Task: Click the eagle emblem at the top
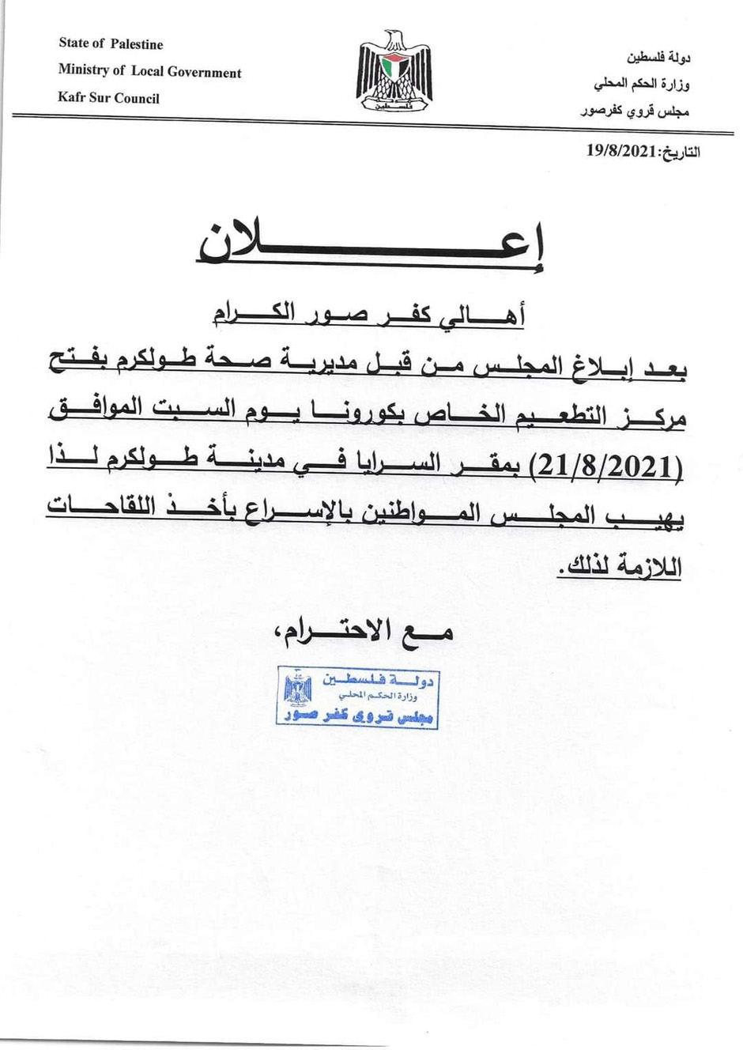(394, 70)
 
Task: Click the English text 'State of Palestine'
(111, 44)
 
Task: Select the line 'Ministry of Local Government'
(149, 72)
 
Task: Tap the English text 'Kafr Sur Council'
(108, 99)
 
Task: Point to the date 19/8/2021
(622, 151)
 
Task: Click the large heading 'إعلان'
(371, 240)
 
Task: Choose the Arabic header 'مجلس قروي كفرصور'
(635, 111)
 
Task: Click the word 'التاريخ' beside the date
(680, 152)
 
